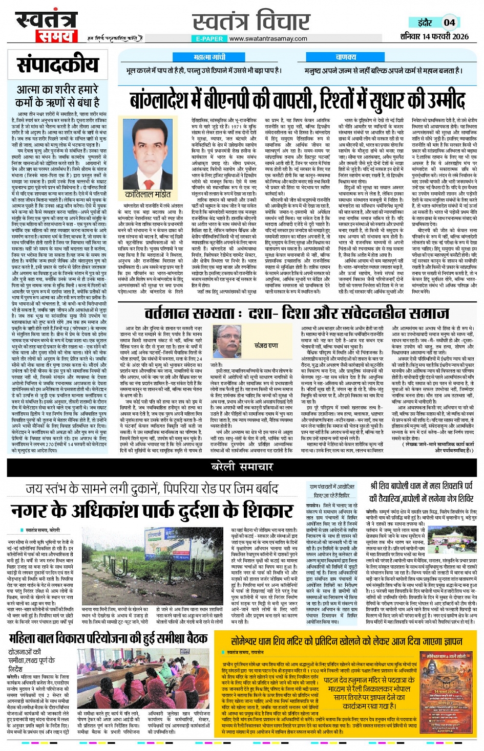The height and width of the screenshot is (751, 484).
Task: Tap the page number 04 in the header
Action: point(449,22)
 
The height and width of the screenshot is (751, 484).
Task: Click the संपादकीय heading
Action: point(57,65)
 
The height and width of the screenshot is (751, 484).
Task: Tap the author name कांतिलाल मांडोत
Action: point(148,195)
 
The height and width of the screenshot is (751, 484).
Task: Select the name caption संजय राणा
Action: point(266,346)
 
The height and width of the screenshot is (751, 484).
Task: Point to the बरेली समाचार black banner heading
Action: point(242,467)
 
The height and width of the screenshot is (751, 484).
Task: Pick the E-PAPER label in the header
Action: point(209,39)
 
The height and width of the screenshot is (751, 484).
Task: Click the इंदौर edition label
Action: point(425,23)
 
